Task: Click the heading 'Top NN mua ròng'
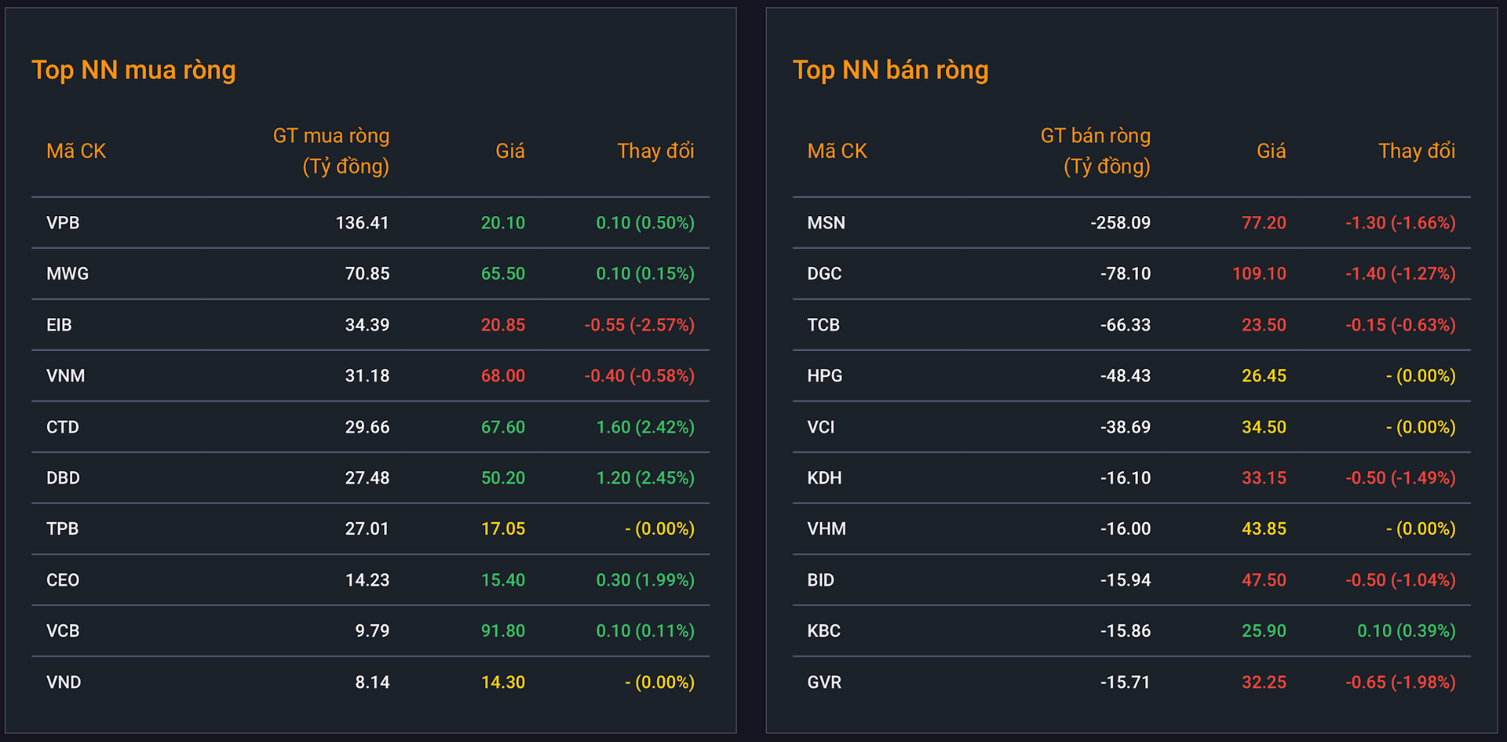click(x=133, y=71)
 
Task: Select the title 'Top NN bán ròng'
click(x=890, y=71)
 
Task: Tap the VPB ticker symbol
click(x=63, y=223)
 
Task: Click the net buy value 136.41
click(x=362, y=223)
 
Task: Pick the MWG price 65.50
click(x=503, y=274)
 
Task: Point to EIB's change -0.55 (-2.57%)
click(x=640, y=325)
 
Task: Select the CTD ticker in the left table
click(x=63, y=427)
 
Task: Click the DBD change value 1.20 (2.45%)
click(x=645, y=478)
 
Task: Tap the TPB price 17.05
click(x=503, y=529)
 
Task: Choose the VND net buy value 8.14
click(x=372, y=682)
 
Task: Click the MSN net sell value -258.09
click(x=1120, y=223)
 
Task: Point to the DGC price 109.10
click(x=1259, y=274)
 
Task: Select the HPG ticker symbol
click(x=825, y=376)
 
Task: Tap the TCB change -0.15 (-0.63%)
click(x=1400, y=325)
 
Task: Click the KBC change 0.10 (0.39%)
click(x=1407, y=631)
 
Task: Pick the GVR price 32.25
click(x=1264, y=682)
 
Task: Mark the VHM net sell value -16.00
click(x=1126, y=529)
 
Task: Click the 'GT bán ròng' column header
click(x=1096, y=136)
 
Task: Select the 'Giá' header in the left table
click(x=510, y=151)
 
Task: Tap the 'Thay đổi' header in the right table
click(x=1417, y=151)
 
